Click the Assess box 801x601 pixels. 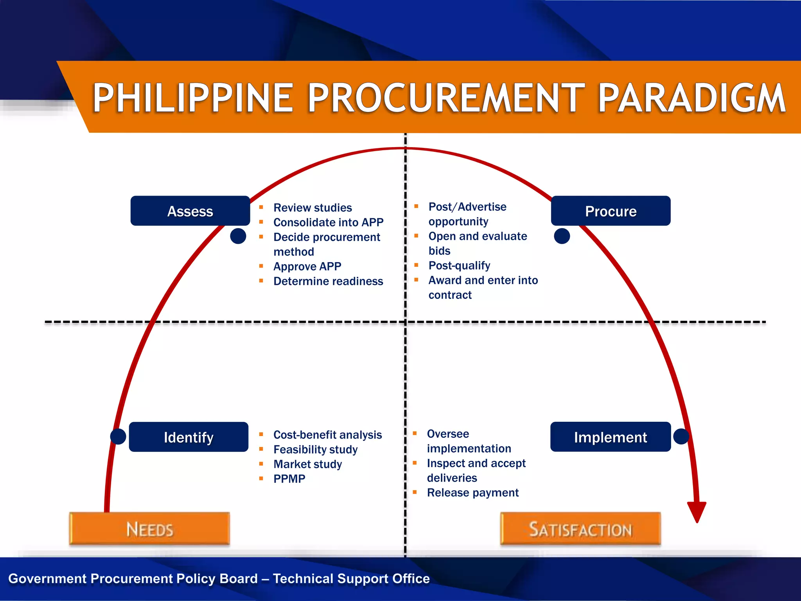point(190,211)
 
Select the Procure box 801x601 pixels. point(611,211)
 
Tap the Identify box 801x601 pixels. point(189,437)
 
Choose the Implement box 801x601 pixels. point(610,437)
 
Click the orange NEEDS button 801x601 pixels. point(149,529)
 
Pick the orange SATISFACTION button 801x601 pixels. point(580,529)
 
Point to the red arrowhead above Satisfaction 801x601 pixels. point(697,511)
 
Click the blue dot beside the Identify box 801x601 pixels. point(118,436)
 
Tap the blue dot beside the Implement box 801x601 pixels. point(681,436)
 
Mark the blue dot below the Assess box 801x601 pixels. point(238,236)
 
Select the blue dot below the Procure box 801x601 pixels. point(562,236)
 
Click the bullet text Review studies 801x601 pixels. point(312,207)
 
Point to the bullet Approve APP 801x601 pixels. point(307,266)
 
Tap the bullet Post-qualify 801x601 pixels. point(459,266)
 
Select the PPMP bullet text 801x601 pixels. point(289,479)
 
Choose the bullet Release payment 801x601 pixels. point(472,493)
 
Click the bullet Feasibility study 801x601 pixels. point(315,450)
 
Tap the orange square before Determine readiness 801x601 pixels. point(261,281)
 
